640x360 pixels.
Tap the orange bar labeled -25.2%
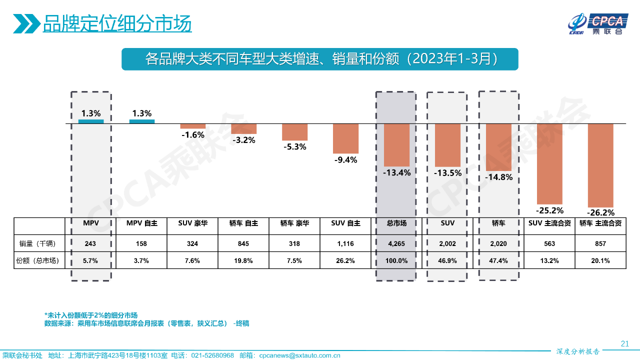[549, 162]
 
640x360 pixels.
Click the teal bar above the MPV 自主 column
[142, 121]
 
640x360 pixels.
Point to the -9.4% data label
[345, 160]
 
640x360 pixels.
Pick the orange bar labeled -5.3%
[294, 132]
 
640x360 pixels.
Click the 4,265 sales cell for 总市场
[396, 243]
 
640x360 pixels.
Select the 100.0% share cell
[396, 260]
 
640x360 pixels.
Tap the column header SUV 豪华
[192, 223]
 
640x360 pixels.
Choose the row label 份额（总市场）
[39, 260]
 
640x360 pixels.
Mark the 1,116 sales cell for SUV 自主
[345, 243]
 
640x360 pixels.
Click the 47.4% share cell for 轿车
[498, 260]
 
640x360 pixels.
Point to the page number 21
[624, 343]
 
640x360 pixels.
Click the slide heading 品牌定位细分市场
[117, 23]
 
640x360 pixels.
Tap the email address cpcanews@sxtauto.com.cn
[299, 355]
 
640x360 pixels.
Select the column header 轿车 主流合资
[600, 223]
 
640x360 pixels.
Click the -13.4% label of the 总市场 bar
[396, 173]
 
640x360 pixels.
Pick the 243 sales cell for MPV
[90, 243]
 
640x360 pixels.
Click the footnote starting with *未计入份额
[91, 315]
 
